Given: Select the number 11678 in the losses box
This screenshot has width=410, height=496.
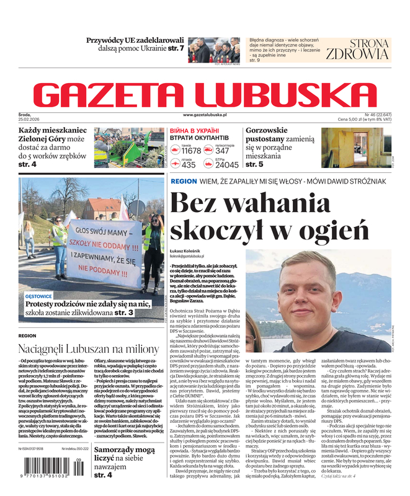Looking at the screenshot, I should [191, 151].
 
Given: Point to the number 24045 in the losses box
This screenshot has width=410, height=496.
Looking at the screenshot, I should [226, 165].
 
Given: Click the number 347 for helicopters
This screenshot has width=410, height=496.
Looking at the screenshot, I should [222, 151].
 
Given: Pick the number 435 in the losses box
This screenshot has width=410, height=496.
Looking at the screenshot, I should [189, 165].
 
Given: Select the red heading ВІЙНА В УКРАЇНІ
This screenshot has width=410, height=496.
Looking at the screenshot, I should [194, 131].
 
